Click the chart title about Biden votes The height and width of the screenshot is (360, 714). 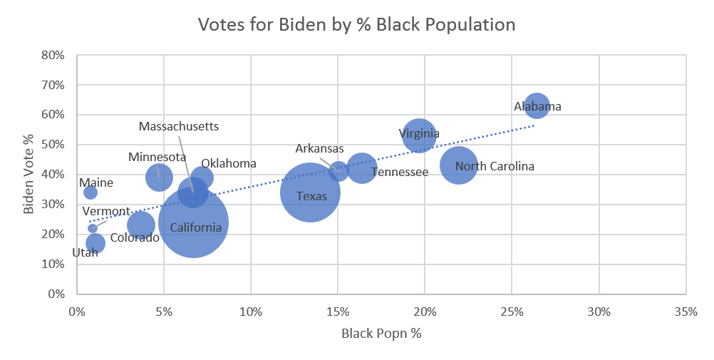356,24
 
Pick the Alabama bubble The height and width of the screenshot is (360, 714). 536,106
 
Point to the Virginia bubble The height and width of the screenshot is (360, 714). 419,135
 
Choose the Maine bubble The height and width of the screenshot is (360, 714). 90,192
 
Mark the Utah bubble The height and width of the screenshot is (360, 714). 95,244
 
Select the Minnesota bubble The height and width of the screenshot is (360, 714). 159,177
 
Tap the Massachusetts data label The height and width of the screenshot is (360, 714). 179,127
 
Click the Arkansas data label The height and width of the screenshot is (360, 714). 319,149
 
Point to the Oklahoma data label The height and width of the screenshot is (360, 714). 228,164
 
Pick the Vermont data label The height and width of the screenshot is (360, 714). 105,212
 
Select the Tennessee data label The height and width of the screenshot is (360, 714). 400,172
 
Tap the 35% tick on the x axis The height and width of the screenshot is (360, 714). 685,312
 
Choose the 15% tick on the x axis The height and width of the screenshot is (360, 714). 338,312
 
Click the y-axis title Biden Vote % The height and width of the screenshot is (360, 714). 29,174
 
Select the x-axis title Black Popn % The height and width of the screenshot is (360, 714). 381,334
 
